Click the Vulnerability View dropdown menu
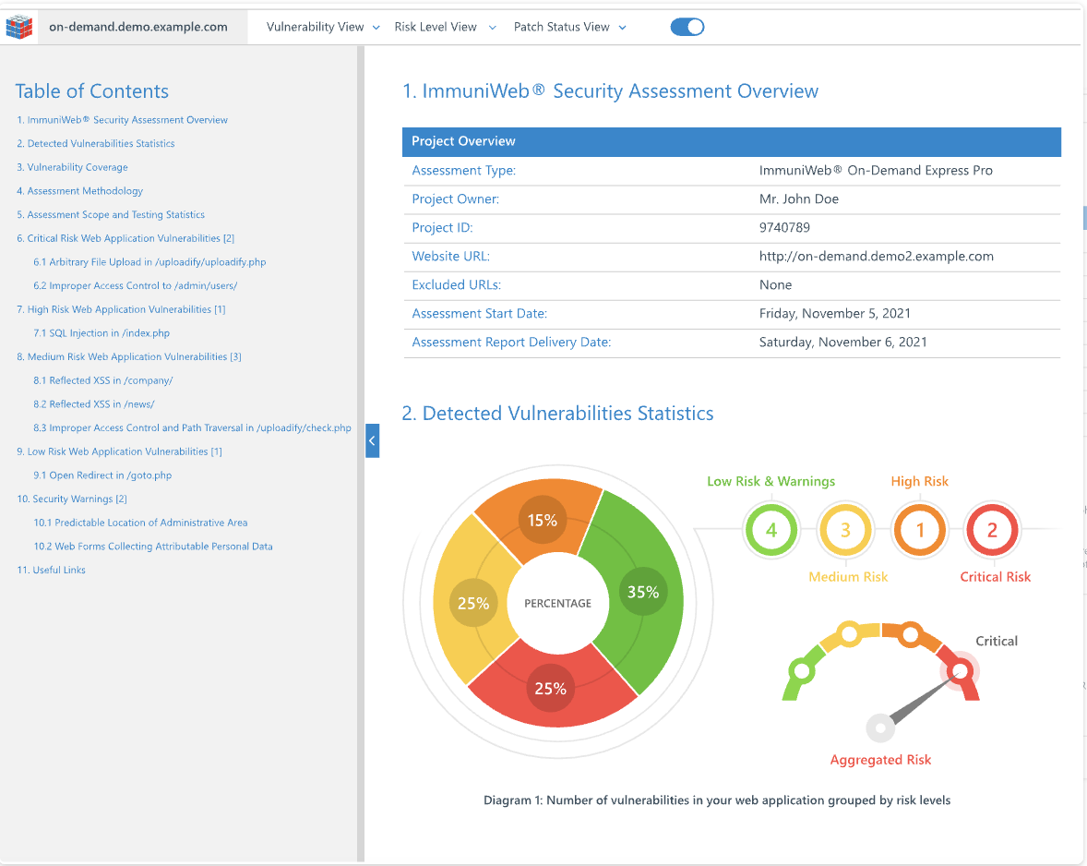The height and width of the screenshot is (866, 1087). (x=323, y=27)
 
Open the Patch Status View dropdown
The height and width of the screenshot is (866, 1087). (x=569, y=27)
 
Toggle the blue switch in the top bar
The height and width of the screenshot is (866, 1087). (x=687, y=27)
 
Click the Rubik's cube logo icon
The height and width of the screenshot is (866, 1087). (x=19, y=27)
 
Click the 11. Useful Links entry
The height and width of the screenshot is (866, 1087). (x=51, y=570)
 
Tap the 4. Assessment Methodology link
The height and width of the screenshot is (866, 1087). (x=79, y=191)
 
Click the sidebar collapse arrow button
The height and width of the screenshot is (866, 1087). (x=372, y=441)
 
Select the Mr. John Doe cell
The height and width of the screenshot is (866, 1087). (x=798, y=198)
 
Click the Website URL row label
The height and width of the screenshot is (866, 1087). (x=451, y=256)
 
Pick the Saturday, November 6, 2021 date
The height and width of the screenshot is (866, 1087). (x=842, y=342)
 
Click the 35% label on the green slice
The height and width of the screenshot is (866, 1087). (x=642, y=592)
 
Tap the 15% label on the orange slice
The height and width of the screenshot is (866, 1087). (x=543, y=520)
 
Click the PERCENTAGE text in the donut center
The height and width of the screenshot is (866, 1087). (x=557, y=603)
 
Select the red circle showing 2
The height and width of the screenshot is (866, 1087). (x=992, y=531)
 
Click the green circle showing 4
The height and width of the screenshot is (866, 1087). (x=770, y=531)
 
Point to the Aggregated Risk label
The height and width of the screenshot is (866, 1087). (x=880, y=760)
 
